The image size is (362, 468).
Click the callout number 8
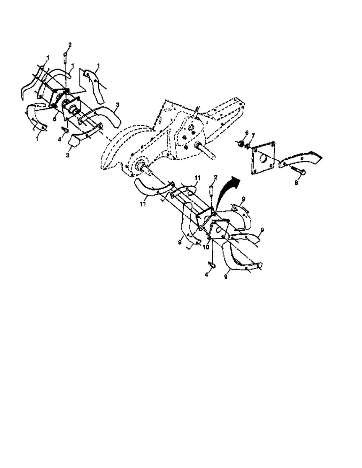click(296, 183)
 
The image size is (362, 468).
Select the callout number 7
click(253, 135)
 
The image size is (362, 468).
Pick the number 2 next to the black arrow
click(216, 177)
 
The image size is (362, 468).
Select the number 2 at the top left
click(70, 45)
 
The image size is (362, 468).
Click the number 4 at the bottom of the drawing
click(207, 275)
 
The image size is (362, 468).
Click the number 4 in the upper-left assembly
click(59, 139)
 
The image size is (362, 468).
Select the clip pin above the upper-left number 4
click(64, 130)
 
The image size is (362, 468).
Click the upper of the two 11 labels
click(197, 178)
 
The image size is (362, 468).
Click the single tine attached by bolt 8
click(300, 159)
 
